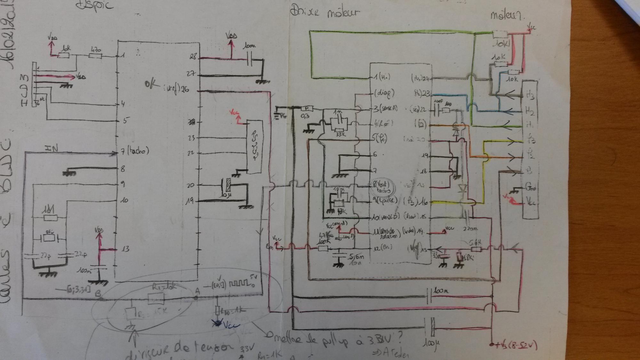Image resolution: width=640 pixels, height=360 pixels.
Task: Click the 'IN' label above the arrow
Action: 51,148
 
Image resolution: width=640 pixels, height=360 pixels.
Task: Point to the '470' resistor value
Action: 96,50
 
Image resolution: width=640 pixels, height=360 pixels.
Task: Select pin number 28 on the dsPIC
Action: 193,57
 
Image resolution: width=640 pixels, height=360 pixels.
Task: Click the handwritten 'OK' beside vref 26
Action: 151,84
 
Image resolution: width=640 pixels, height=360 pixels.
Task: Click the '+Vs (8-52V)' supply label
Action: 516,346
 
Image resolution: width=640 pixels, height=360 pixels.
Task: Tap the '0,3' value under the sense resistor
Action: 305,116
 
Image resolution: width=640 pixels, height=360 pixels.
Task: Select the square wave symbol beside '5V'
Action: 239,284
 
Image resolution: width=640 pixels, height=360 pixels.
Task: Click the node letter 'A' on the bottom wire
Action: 197,291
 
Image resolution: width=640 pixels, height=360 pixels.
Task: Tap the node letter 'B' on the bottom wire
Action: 98,293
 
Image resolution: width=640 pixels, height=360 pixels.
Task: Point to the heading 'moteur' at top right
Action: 508,15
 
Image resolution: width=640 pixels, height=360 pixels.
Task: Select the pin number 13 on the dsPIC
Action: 125,249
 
